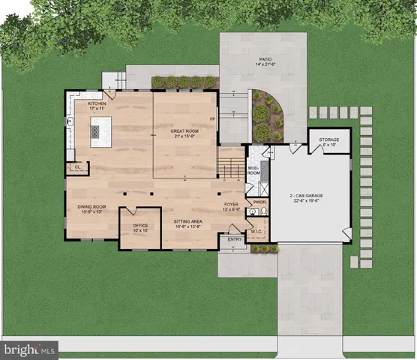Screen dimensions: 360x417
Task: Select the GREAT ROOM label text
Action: (x=183, y=133)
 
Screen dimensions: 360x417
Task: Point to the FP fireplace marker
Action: (x=212, y=118)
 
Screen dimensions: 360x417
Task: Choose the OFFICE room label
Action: (x=140, y=226)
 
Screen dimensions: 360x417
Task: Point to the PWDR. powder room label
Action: (x=260, y=202)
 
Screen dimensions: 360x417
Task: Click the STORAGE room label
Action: (x=329, y=141)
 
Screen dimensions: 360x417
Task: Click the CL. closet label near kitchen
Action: (x=77, y=167)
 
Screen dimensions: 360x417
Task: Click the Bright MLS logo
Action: (x=31, y=349)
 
